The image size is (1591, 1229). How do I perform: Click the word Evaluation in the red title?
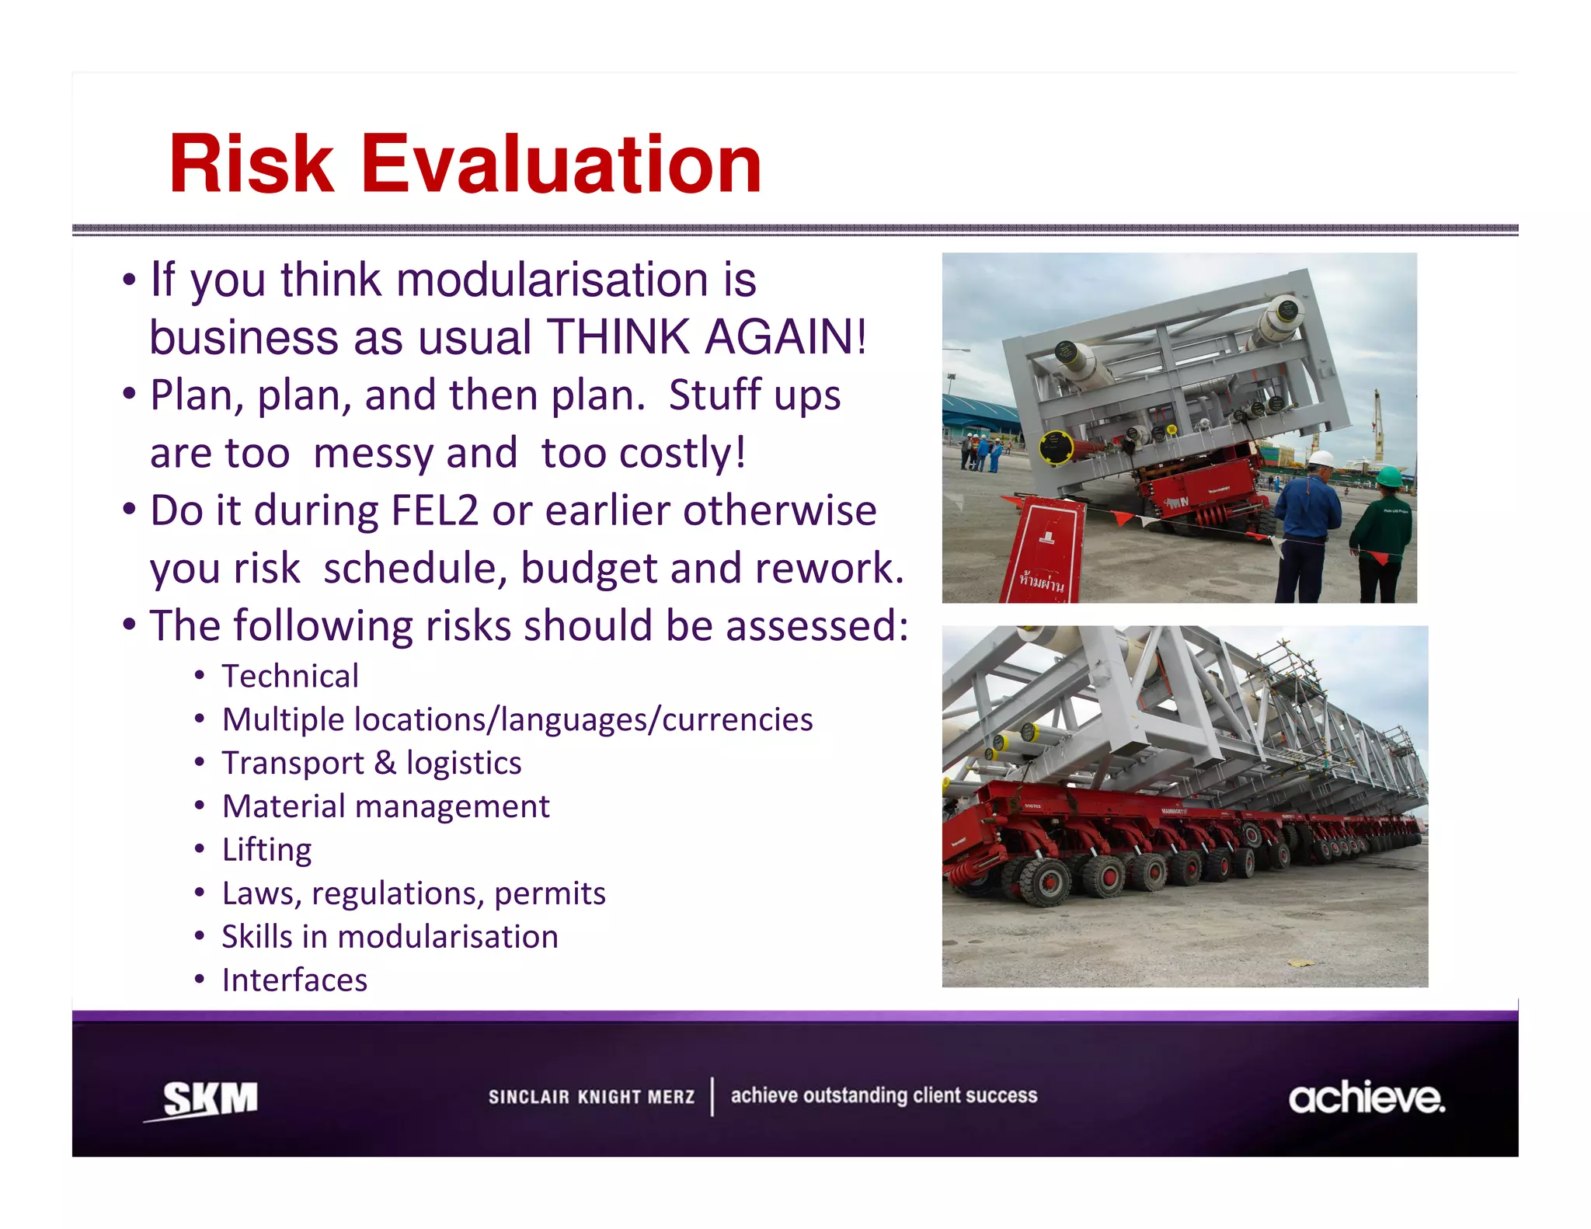click(561, 165)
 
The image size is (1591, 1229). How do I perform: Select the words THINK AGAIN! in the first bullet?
click(706, 337)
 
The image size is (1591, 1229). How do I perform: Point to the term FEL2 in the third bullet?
click(434, 511)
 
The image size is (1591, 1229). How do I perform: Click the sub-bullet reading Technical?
click(290, 677)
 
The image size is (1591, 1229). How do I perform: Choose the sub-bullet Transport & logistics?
click(371, 764)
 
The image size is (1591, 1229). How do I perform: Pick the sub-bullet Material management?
click(385, 806)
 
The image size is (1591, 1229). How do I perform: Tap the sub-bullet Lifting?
click(266, 850)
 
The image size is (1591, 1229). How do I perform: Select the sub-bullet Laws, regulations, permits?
click(413, 893)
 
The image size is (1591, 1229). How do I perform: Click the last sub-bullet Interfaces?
click(294, 980)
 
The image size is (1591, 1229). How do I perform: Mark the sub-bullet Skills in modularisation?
click(389, 937)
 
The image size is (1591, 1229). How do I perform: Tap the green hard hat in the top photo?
click(1389, 476)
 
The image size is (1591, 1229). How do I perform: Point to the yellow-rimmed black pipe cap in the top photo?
click(1056, 447)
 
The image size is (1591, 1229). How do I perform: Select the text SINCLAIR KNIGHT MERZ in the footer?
click(591, 1097)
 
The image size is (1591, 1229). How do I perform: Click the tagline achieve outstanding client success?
click(883, 1095)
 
